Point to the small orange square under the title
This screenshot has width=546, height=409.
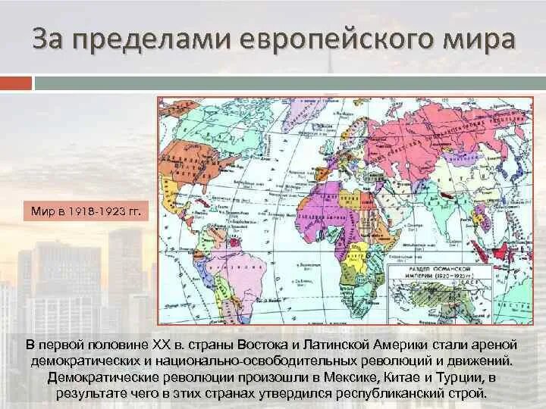[x=16, y=83]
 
